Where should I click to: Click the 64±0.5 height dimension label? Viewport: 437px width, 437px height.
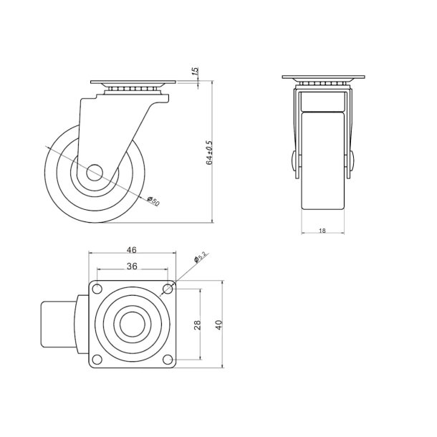pyautogui.click(x=210, y=153)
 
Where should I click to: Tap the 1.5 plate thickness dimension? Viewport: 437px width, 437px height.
pyautogui.click(x=195, y=72)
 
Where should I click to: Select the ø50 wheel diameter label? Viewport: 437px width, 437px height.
pyautogui.click(x=153, y=201)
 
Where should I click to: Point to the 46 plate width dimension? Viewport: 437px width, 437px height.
pyautogui.click(x=132, y=250)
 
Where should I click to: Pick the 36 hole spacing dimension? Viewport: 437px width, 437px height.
pyautogui.click(x=132, y=266)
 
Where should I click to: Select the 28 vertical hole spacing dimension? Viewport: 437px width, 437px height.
pyautogui.click(x=198, y=324)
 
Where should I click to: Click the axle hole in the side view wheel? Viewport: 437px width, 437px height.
pyautogui.click(x=95, y=173)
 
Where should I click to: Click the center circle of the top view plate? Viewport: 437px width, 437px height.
pyautogui.click(x=133, y=324)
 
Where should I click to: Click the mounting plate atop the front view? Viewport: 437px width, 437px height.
pyautogui.click(x=323, y=78)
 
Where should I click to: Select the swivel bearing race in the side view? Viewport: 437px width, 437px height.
pyautogui.click(x=129, y=88)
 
